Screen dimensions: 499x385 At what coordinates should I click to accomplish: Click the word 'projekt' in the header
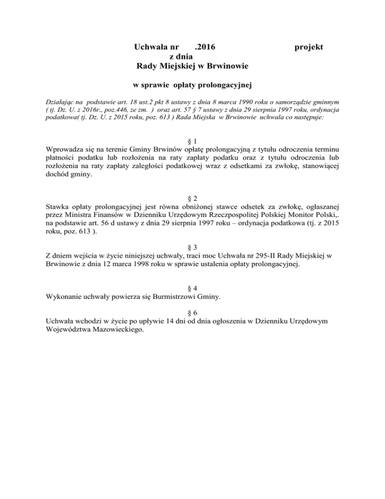pos(309,47)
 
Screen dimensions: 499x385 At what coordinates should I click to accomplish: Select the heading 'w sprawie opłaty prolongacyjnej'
pos(192,83)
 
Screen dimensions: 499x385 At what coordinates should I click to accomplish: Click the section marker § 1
pos(192,140)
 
